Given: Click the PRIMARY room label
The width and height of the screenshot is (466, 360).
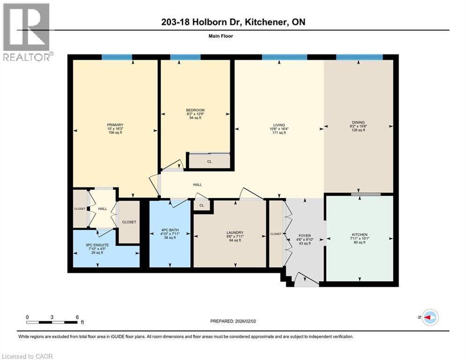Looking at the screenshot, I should pos(115,125).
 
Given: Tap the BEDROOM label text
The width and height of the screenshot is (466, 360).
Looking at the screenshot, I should pos(195,110).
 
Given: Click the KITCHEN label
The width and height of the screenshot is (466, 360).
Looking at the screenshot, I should pos(360,234).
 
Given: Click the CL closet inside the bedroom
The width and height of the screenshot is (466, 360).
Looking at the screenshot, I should pos(209,162).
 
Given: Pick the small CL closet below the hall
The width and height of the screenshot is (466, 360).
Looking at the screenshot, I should pos(202,205).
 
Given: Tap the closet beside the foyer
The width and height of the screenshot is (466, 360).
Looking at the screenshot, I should pos(276,233).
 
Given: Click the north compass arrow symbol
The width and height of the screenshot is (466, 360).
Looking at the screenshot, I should pos(429,317).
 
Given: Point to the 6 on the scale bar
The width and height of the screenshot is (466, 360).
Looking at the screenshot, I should pos(77,316).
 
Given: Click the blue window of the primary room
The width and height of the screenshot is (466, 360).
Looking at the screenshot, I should pos(117,57).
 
